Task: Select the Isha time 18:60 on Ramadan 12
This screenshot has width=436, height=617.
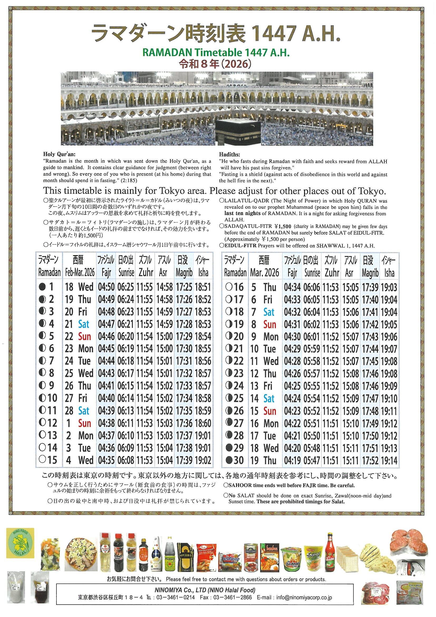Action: coord(203,423)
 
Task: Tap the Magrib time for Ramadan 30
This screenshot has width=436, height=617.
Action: coord(370,460)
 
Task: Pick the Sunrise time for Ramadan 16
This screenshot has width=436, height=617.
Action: coord(312,287)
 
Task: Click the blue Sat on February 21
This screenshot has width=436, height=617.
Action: coord(84,324)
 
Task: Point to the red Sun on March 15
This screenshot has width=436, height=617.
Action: coord(270,411)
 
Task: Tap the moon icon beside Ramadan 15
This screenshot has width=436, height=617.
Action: coord(42,460)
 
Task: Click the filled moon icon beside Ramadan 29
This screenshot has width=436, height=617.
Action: coord(229,448)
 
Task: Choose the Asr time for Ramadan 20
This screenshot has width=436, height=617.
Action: coord(350,337)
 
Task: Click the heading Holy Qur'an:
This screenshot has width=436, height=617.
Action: coord(59,155)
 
